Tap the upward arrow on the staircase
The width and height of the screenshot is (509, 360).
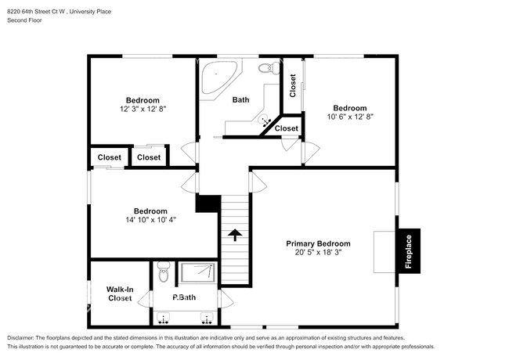tap(234, 233)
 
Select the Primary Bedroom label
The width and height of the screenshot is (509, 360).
tap(318, 243)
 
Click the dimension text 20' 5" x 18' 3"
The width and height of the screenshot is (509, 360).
tap(318, 253)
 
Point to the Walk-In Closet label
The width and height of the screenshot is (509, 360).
tap(119, 294)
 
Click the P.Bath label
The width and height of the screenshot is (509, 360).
tap(184, 297)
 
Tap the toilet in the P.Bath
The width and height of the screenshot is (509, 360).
tap(163, 274)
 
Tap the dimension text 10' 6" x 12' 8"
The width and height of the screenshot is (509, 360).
tap(349, 117)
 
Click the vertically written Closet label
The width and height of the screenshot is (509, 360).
tap(293, 86)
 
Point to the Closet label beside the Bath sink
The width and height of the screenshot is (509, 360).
tap(287, 128)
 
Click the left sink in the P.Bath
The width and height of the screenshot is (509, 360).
tap(164, 318)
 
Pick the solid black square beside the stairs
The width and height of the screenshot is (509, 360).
tap(206, 203)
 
